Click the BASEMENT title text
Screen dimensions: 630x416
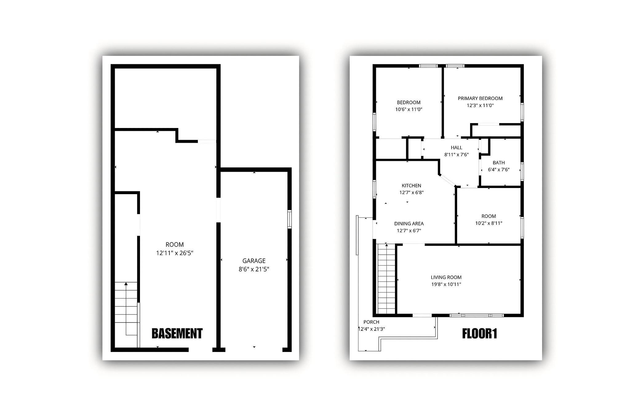click(177, 334)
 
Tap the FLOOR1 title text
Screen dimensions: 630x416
click(480, 334)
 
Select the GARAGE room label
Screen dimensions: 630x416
click(254, 261)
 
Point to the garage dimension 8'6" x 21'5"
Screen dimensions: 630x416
click(254, 269)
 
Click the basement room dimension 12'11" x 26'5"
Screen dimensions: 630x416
click(175, 253)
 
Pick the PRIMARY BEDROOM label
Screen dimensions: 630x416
click(480, 98)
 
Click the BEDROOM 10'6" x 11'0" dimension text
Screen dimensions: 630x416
click(409, 109)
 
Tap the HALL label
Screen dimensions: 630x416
click(457, 148)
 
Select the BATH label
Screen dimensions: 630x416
click(499, 163)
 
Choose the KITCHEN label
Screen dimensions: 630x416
click(411, 186)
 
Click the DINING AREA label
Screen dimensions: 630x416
click(409, 224)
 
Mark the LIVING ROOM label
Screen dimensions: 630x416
click(446, 277)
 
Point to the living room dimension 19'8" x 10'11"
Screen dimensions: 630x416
click(446, 284)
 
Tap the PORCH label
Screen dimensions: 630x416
click(371, 322)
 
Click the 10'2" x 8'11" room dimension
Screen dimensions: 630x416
click(488, 223)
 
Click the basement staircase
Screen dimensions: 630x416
click(126, 314)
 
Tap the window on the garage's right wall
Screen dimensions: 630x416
click(289, 219)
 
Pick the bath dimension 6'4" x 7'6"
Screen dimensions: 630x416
click(499, 170)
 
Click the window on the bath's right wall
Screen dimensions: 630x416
click(522, 171)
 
